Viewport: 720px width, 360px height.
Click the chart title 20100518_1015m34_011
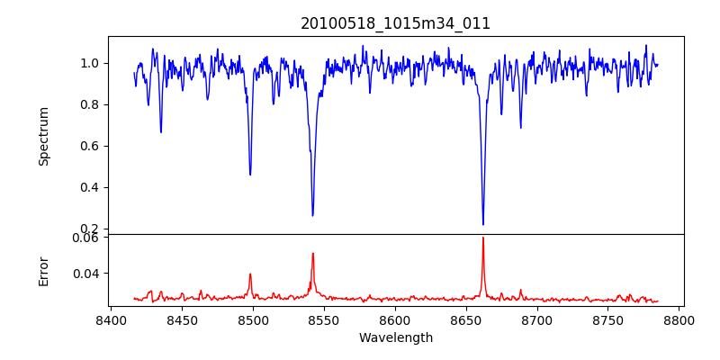click(x=395, y=23)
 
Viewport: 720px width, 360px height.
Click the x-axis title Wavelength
click(x=395, y=338)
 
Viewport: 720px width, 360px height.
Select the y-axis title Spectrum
click(x=43, y=136)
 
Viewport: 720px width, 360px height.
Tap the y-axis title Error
click(x=43, y=270)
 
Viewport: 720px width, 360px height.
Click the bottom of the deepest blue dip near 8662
click(x=483, y=224)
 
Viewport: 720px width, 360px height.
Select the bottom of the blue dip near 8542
click(x=312, y=215)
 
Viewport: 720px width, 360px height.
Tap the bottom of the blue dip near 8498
click(x=250, y=175)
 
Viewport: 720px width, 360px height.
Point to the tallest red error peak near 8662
click(x=483, y=238)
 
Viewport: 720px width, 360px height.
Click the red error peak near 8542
click(x=313, y=253)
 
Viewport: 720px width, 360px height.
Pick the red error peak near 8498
click(x=250, y=274)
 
